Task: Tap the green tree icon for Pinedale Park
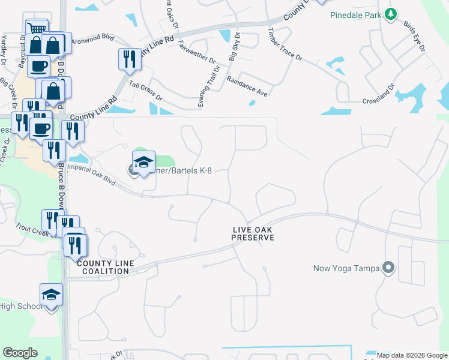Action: coord(391,13)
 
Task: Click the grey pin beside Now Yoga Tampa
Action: coord(388,268)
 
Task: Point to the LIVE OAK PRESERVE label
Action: coord(253,234)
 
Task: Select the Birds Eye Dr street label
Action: coord(414,36)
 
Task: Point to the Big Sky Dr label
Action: coord(234,46)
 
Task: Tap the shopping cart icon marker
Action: coord(37,28)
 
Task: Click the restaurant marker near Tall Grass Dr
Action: coord(130,59)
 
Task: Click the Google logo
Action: coord(20,353)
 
